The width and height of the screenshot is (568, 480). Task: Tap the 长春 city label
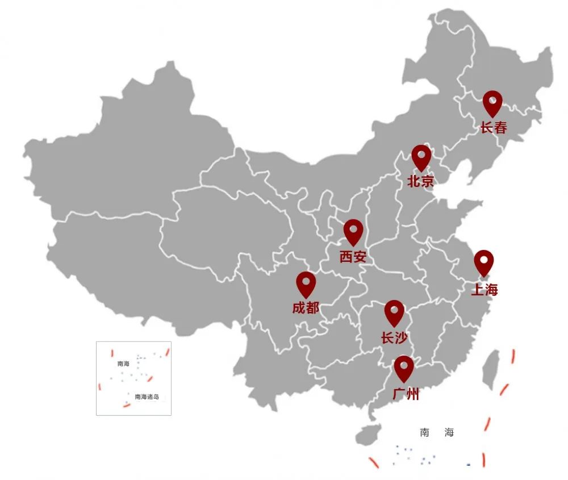[x=493, y=128]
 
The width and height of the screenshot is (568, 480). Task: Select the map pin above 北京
[x=421, y=156]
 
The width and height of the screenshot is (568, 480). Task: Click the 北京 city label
[x=420, y=182]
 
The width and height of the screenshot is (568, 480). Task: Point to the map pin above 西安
[x=353, y=231]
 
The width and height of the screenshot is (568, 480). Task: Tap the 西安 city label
[x=353, y=257]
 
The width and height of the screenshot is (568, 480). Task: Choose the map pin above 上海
[x=484, y=262]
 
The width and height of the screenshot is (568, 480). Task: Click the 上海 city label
[x=484, y=290]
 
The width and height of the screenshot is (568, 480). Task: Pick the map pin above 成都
[x=306, y=283]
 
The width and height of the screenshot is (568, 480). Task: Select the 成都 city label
[x=306, y=308]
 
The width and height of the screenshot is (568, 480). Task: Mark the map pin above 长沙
[x=394, y=312]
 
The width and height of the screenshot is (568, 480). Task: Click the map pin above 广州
[x=404, y=368]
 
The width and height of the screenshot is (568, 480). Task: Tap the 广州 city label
[x=406, y=394]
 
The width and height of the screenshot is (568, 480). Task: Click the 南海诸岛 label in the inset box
[x=147, y=396]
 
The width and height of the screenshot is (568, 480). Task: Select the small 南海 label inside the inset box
[x=123, y=364]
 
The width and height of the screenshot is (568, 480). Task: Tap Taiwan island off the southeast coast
[x=491, y=369]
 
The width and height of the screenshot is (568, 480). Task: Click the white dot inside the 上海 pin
[x=484, y=259]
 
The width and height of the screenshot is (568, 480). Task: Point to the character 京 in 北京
[x=427, y=182]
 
